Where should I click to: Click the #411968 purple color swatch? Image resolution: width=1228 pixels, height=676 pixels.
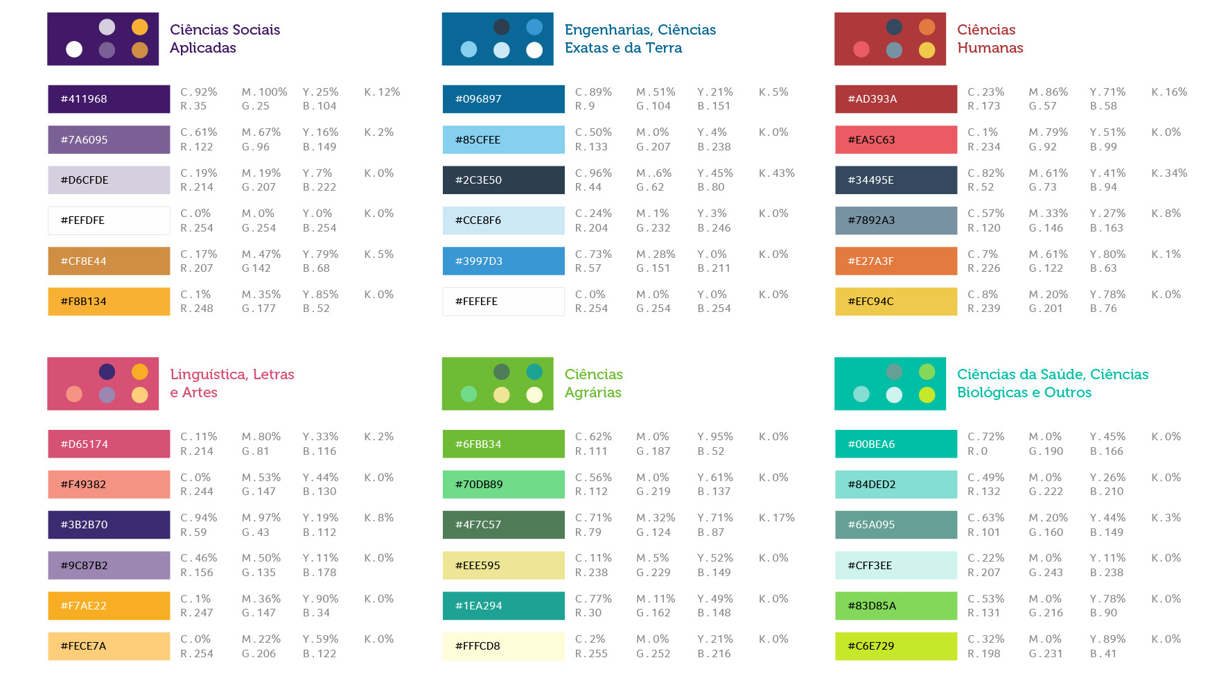point(109,99)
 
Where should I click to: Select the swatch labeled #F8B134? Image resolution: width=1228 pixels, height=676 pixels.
point(109,302)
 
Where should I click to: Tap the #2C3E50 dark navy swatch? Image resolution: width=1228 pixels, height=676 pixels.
point(503,180)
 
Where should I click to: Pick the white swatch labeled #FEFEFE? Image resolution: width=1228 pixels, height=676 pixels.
point(503,302)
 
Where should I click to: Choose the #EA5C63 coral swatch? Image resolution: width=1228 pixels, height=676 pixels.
point(896,140)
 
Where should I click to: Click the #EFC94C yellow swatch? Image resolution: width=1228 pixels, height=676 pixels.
point(896,302)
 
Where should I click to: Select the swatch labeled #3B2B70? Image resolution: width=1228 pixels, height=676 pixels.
point(109,525)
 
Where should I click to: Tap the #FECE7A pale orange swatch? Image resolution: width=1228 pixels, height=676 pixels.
point(109,646)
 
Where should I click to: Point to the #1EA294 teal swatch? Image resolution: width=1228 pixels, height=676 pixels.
point(503,606)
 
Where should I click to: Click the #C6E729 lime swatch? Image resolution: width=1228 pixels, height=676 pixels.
point(896,646)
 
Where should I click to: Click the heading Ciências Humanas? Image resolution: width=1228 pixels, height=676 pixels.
point(990,39)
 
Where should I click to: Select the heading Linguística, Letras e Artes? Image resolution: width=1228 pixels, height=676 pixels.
point(231,383)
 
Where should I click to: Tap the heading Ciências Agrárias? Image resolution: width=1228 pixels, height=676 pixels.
point(593,383)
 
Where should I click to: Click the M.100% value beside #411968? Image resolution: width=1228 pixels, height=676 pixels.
point(264,92)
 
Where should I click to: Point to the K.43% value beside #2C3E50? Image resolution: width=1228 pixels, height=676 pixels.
point(776,173)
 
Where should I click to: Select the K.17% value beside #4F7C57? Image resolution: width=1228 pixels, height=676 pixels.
point(776,518)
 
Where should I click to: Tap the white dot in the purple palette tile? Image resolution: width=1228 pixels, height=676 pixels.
point(74,49)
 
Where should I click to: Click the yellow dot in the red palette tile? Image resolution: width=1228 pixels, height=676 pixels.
point(927,50)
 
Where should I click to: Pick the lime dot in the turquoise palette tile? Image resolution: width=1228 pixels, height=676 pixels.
point(927,395)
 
